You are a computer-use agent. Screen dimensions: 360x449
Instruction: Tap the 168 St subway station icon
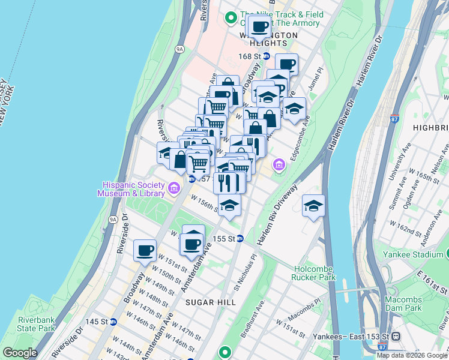[x=267, y=56]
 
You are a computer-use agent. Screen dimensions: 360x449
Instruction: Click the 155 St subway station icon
[x=240, y=238]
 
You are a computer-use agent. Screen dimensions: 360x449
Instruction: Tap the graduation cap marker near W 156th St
[x=229, y=205]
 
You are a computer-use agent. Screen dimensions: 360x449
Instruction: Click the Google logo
[x=20, y=352]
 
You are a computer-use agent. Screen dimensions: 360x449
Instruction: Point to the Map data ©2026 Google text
[x=412, y=355]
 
